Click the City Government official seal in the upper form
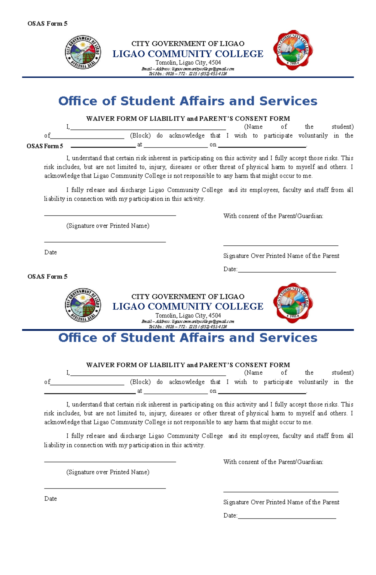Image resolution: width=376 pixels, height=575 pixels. (x=83, y=52)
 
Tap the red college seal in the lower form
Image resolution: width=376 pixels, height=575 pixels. (x=293, y=303)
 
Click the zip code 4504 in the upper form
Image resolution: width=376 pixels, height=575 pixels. (x=215, y=63)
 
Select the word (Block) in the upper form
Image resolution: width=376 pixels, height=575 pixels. (x=140, y=136)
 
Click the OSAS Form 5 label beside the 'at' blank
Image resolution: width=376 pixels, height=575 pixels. (x=45, y=146)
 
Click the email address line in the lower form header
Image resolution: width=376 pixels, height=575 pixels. (x=188, y=321)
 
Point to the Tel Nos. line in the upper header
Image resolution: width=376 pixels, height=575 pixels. (x=188, y=74)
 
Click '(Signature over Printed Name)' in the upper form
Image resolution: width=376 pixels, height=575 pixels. (x=108, y=226)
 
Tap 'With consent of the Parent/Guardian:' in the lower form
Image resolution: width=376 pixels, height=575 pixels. (x=273, y=462)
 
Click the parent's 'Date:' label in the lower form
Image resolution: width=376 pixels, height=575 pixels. (x=230, y=515)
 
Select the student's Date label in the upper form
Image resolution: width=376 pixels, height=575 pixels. (x=50, y=253)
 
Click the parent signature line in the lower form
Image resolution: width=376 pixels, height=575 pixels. (x=281, y=491)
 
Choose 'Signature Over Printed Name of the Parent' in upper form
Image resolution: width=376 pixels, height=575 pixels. (x=281, y=256)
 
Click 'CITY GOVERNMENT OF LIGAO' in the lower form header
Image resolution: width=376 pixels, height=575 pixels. (x=188, y=297)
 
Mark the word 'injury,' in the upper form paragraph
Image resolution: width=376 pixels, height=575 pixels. (x=157, y=167)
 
